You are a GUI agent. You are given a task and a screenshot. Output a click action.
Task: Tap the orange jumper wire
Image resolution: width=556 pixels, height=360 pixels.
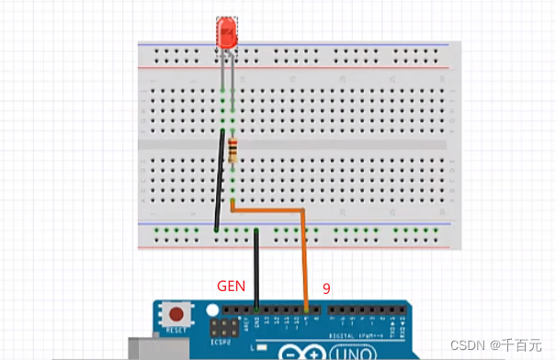click(x=303, y=248)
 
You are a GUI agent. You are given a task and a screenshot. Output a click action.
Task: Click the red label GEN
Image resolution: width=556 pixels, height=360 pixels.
click(x=230, y=286)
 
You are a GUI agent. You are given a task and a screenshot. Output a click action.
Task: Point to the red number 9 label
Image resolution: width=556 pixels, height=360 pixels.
click(x=325, y=287)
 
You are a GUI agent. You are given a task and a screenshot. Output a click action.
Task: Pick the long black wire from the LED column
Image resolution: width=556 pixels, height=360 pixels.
click(x=219, y=179)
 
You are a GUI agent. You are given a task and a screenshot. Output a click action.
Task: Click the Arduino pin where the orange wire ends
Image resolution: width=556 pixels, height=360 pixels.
click(x=305, y=309)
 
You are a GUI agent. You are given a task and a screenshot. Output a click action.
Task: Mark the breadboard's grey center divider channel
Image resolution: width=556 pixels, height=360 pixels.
click(x=294, y=145)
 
